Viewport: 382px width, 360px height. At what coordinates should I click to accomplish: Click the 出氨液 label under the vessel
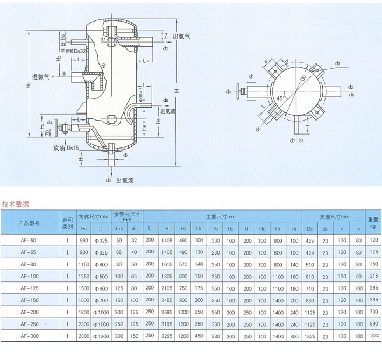coord(125,181)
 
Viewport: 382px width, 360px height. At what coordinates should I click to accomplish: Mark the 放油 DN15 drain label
coord(66,147)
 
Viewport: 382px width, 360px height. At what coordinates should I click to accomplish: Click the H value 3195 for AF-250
coord(167,324)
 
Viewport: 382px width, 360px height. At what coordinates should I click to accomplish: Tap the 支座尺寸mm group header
coord(334,216)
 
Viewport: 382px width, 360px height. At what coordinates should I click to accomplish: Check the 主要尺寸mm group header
coord(222,216)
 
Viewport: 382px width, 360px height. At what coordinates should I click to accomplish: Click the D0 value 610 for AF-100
coord(309,276)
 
